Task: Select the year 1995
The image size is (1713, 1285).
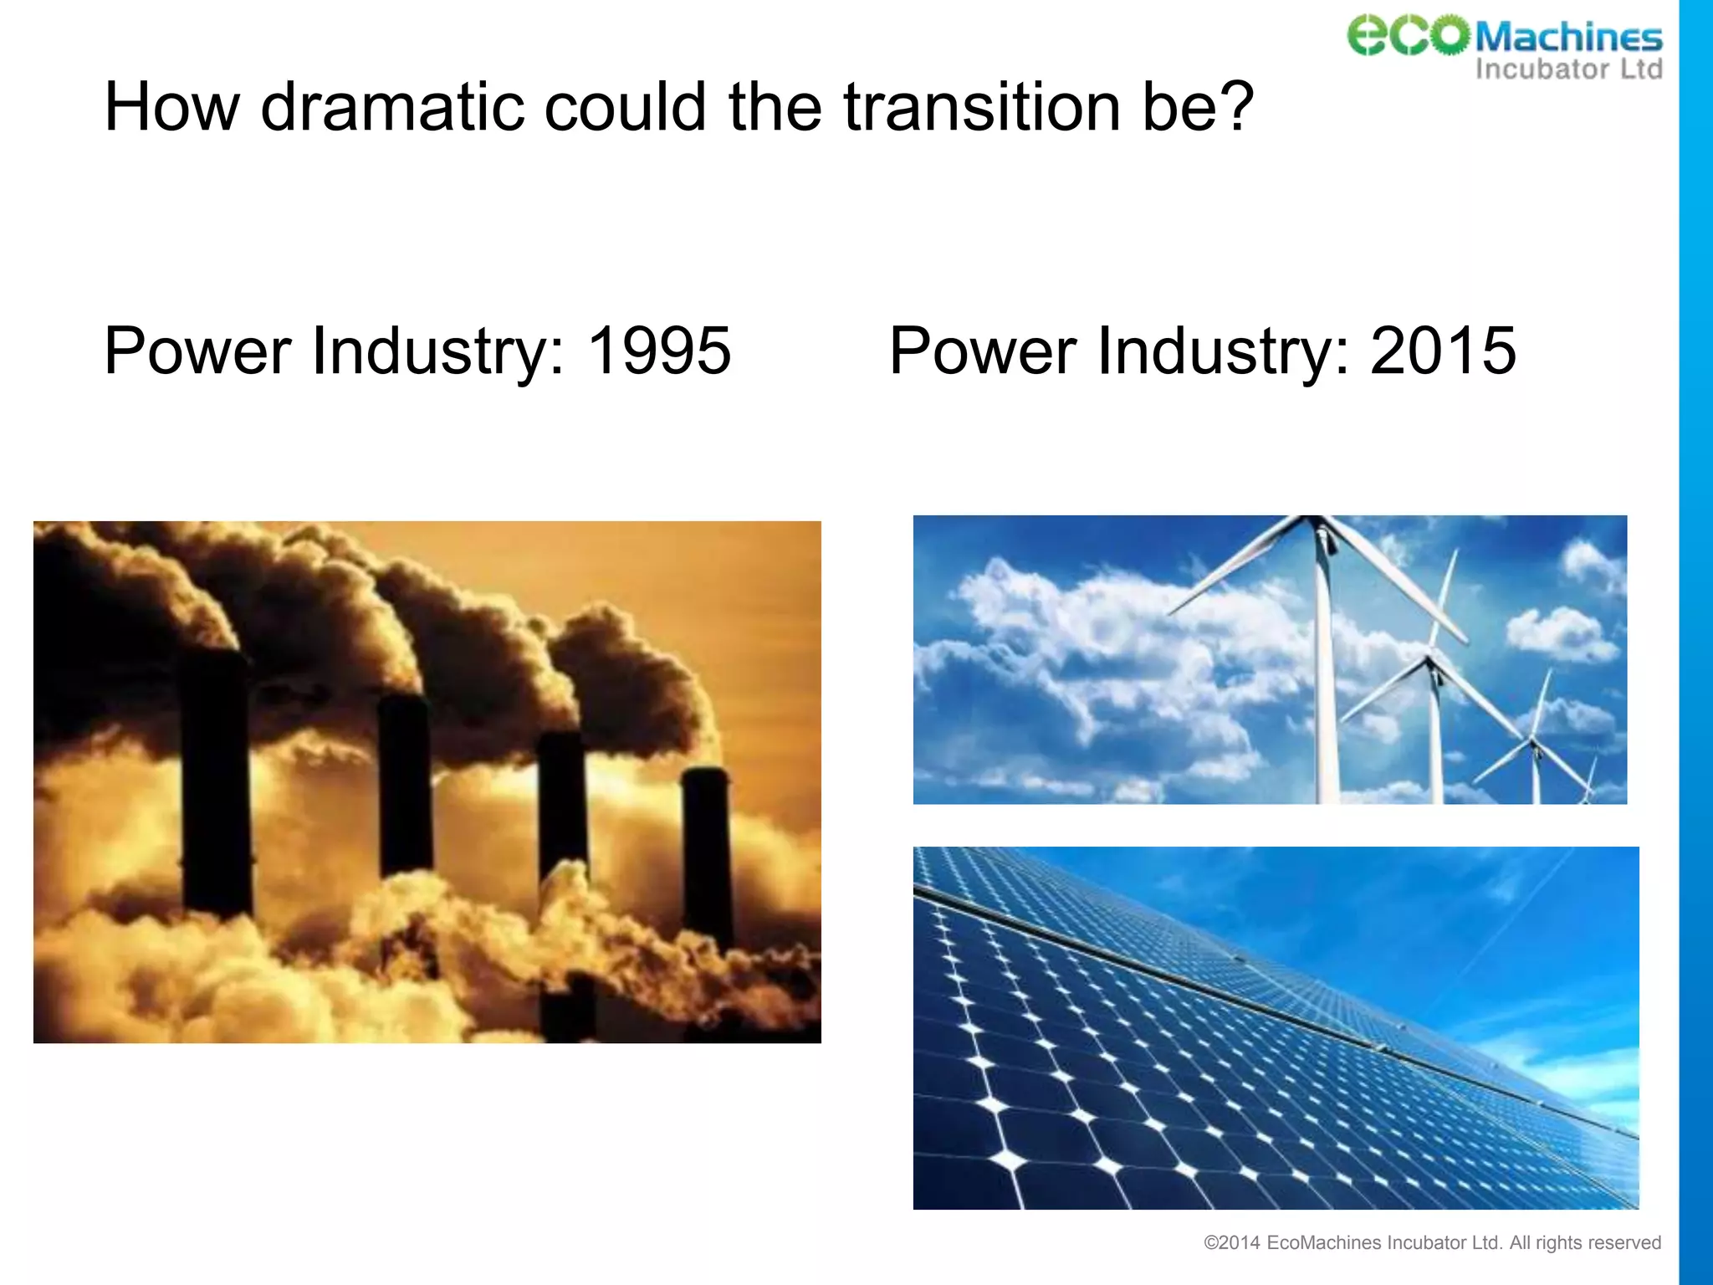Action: pos(659,351)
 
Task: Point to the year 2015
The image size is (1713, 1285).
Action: pos(1443,351)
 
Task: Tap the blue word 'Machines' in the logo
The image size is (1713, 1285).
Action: pos(1568,38)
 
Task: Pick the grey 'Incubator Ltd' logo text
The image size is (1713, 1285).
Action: pos(1568,69)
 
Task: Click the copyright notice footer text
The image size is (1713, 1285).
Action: pos(1431,1243)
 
